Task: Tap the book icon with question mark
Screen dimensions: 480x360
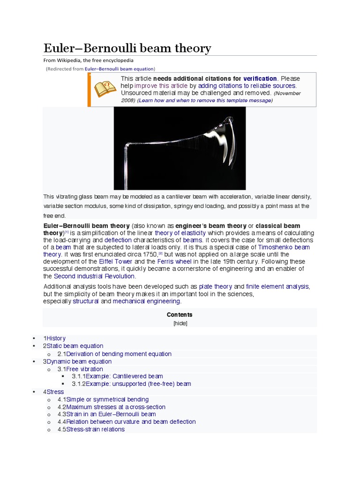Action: click(x=105, y=89)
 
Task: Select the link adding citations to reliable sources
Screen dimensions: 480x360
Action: click(x=247, y=86)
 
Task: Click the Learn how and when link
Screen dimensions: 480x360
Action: click(x=204, y=100)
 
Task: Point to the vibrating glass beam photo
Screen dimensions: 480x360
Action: click(x=180, y=148)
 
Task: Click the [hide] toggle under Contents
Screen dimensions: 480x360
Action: click(x=180, y=323)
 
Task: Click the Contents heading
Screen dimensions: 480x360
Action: click(x=180, y=315)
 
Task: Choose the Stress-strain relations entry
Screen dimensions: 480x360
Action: click(x=96, y=429)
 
